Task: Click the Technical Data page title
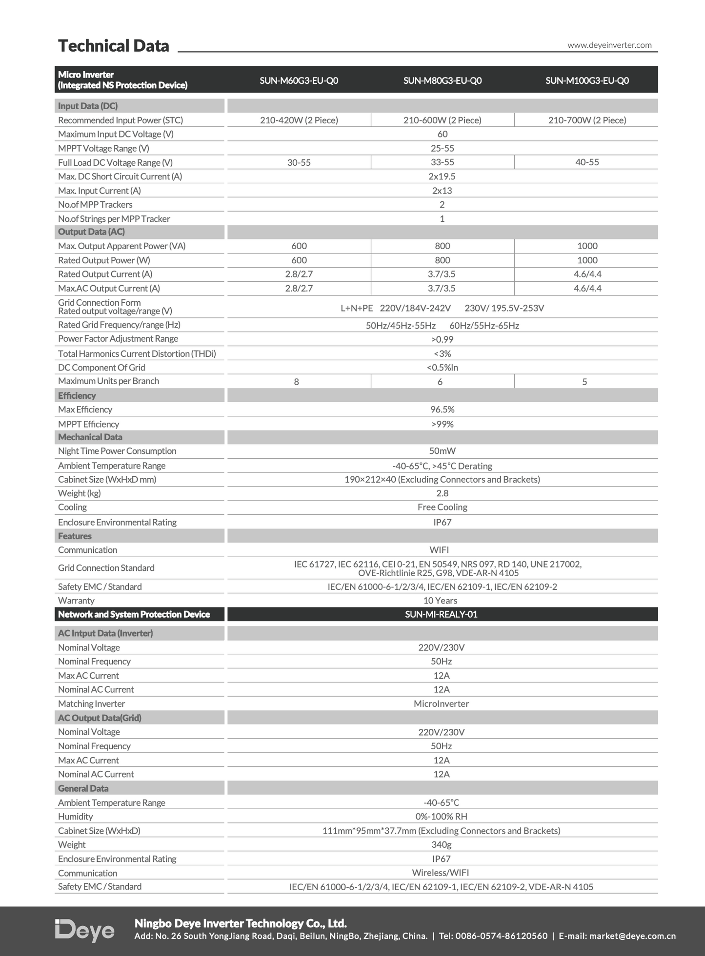113,46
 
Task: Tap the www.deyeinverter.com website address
609,45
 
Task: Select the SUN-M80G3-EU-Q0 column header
442,80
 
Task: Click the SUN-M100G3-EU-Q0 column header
587,80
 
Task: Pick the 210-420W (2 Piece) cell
299,120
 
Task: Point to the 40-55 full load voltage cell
587,162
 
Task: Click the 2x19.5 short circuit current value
442,176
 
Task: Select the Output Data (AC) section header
91,232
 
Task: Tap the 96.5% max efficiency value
442,410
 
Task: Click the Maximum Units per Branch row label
108,381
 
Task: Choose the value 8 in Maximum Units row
296,382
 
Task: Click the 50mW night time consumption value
442,451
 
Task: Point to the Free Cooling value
442,507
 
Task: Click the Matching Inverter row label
91,703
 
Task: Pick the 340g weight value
441,844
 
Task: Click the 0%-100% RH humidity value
441,816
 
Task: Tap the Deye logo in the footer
84,931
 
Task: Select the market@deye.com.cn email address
632,936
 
